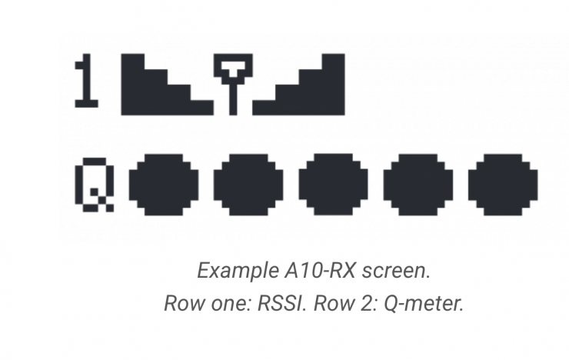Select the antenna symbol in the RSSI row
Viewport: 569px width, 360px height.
[233, 84]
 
